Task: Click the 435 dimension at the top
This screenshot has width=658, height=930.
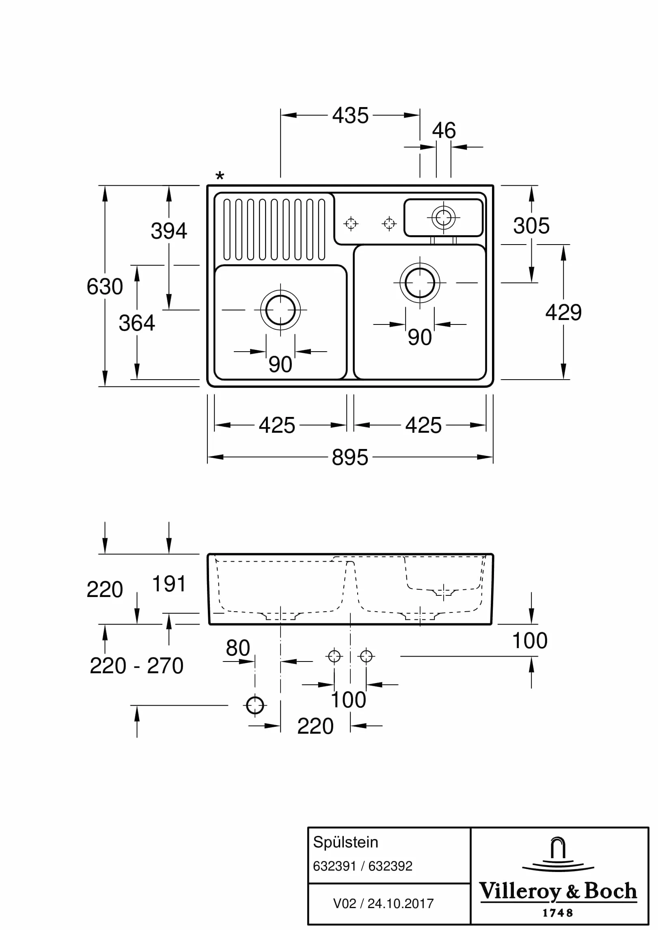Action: click(x=350, y=116)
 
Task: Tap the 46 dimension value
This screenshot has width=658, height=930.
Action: click(x=444, y=131)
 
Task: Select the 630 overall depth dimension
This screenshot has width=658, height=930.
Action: click(x=105, y=286)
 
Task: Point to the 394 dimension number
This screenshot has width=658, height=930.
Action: click(x=169, y=231)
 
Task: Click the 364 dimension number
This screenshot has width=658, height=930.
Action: click(x=137, y=323)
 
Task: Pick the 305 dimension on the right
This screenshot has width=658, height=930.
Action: click(x=531, y=226)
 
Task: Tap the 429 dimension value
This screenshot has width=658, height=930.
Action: click(x=563, y=312)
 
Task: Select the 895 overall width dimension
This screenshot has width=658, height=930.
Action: click(x=350, y=457)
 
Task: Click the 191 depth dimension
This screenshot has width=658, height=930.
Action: click(x=169, y=584)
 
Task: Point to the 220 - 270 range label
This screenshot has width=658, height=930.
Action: click(x=136, y=666)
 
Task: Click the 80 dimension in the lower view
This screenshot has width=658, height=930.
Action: click(x=238, y=648)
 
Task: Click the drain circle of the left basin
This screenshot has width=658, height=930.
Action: click(x=280, y=310)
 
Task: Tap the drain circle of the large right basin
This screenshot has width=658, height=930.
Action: click(x=420, y=283)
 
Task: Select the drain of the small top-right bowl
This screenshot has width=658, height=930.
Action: click(x=443, y=217)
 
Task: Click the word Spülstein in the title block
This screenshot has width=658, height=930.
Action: click(x=345, y=842)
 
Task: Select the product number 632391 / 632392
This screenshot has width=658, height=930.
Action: click(x=362, y=866)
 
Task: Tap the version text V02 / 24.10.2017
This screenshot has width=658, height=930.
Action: click(x=383, y=903)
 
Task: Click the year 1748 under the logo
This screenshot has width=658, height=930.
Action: click(x=558, y=913)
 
